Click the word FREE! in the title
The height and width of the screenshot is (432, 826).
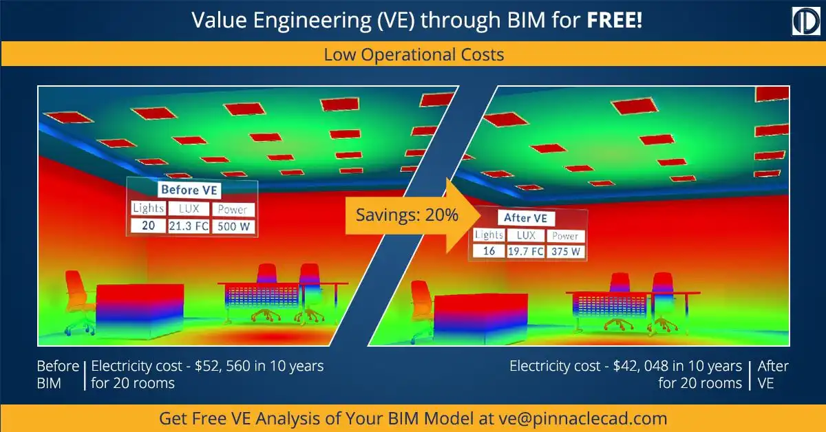(614, 20)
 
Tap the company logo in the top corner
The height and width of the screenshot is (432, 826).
(806, 21)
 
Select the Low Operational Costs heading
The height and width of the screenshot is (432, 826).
(414, 54)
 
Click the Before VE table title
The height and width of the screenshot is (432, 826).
(189, 190)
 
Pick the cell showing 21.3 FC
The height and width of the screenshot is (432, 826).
(189, 226)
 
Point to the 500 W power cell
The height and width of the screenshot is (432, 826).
(233, 226)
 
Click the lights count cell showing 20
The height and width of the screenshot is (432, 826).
(148, 226)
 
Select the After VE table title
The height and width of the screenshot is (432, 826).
(526, 218)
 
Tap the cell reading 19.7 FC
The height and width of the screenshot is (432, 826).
(525, 251)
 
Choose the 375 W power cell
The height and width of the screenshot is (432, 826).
(566, 252)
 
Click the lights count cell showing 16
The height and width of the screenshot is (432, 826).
(489, 251)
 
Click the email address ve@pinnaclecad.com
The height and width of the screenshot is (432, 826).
(583, 419)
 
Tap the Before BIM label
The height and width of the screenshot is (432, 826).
(58, 374)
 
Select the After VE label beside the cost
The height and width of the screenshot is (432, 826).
(773, 374)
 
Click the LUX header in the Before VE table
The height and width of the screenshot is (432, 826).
(189, 209)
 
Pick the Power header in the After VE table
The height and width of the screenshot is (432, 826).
(566, 236)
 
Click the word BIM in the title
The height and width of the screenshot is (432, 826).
(526, 20)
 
